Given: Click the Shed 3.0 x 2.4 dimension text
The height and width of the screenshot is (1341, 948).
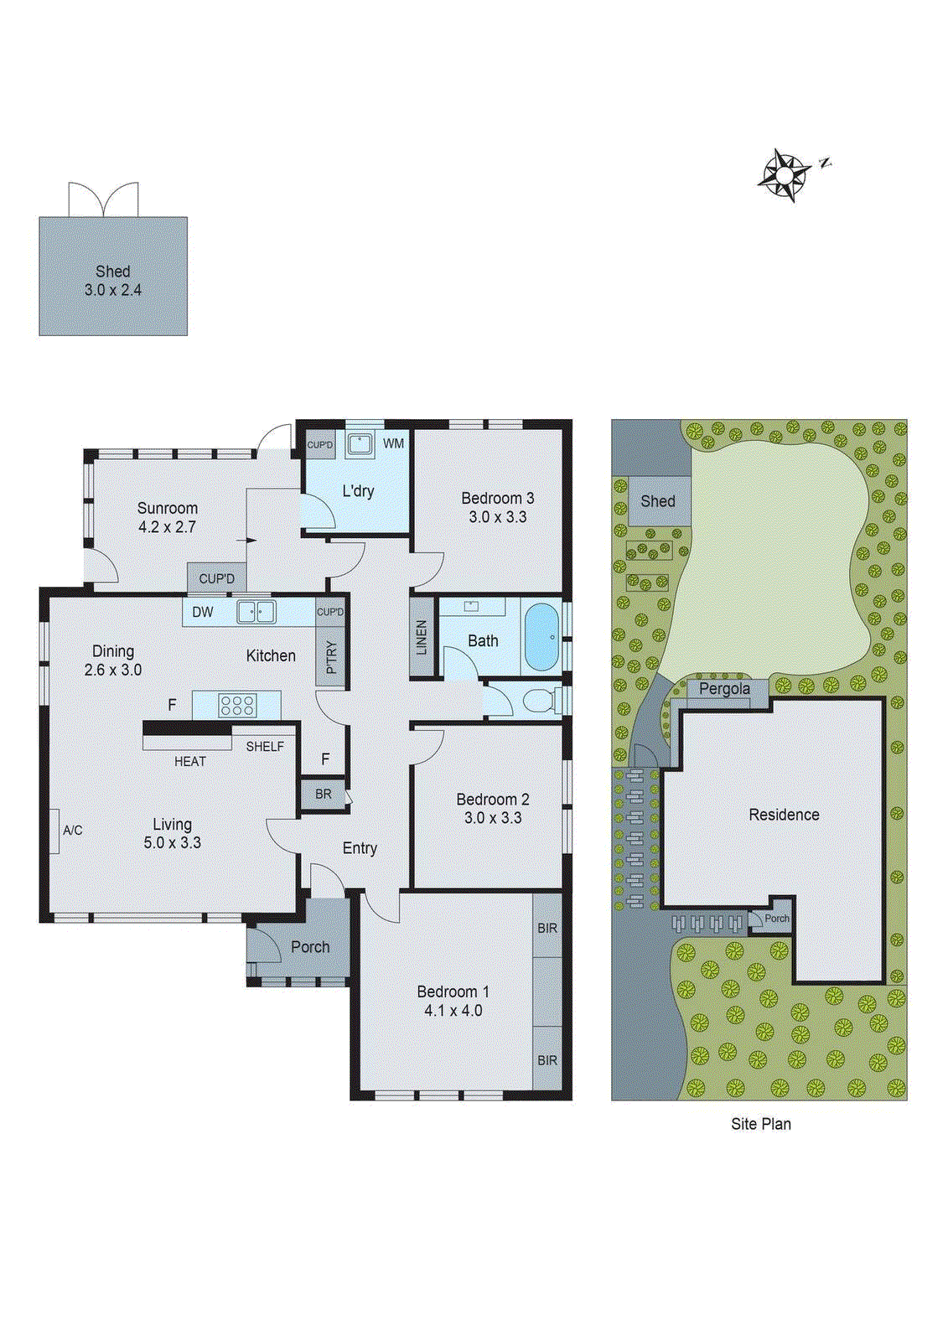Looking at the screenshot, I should point(112,290).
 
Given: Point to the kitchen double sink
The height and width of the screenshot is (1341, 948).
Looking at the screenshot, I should point(256,612).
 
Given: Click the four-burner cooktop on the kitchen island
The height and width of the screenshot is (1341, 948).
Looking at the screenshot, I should point(237,705).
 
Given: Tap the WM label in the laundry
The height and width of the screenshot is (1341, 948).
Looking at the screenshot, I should point(393,443).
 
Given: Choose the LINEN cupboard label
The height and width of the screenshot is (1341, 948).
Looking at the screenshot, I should point(422,637).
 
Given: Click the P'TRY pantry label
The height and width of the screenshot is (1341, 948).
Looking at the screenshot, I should point(331,656).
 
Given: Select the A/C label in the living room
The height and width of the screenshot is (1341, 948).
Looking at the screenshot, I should point(73,830).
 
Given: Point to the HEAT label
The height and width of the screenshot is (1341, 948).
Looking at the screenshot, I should point(190,761).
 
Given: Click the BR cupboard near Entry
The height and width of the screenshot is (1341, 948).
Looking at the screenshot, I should point(324,794).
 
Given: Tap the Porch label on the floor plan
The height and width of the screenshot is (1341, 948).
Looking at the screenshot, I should point(310,946).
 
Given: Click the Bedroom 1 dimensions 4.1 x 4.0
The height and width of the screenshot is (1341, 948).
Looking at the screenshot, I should point(453,1011).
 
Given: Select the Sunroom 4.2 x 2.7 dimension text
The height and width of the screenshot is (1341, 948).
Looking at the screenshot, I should point(167,527).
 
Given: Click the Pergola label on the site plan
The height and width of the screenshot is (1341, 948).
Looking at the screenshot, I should point(724,689).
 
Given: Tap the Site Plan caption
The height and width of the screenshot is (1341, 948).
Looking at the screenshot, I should point(760,1124).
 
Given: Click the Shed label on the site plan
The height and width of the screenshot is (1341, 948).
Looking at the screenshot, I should point(657,501).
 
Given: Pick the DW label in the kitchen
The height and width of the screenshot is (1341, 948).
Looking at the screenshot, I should point(203,612).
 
